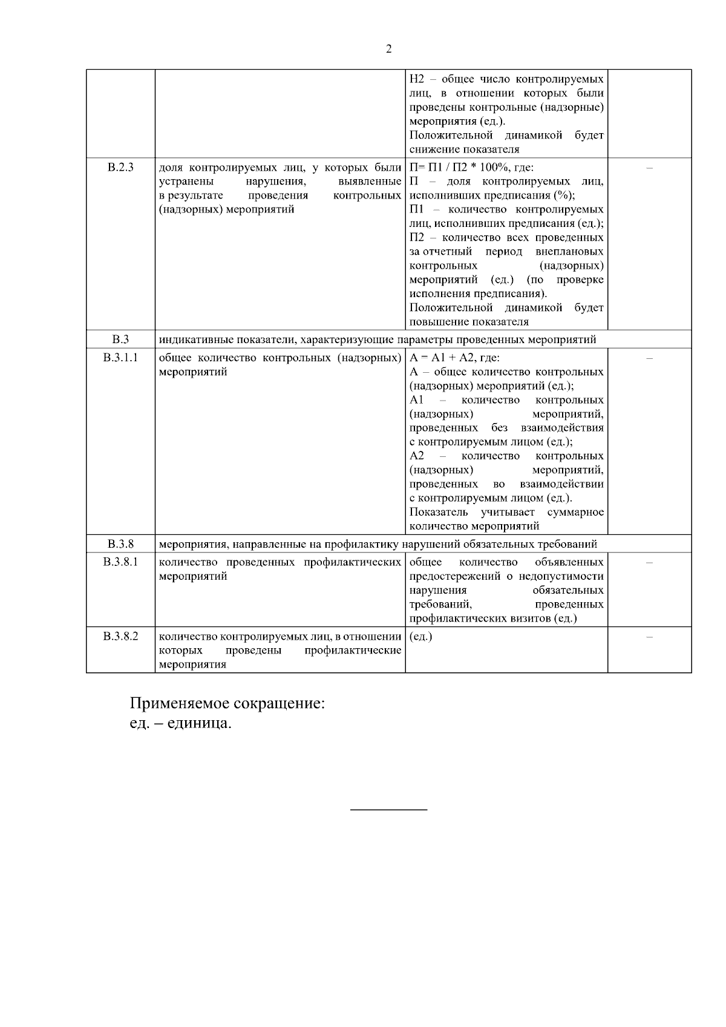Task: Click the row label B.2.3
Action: coord(120,167)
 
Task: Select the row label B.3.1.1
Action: coord(120,358)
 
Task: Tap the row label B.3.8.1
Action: coord(120,562)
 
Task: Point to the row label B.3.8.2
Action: coord(120,636)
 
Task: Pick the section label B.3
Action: coord(120,340)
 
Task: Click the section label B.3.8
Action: coord(120,543)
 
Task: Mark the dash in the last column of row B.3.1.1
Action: coord(649,358)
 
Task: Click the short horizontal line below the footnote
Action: coord(389,809)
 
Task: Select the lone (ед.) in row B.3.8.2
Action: coord(421,637)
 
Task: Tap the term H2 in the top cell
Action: coord(416,79)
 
